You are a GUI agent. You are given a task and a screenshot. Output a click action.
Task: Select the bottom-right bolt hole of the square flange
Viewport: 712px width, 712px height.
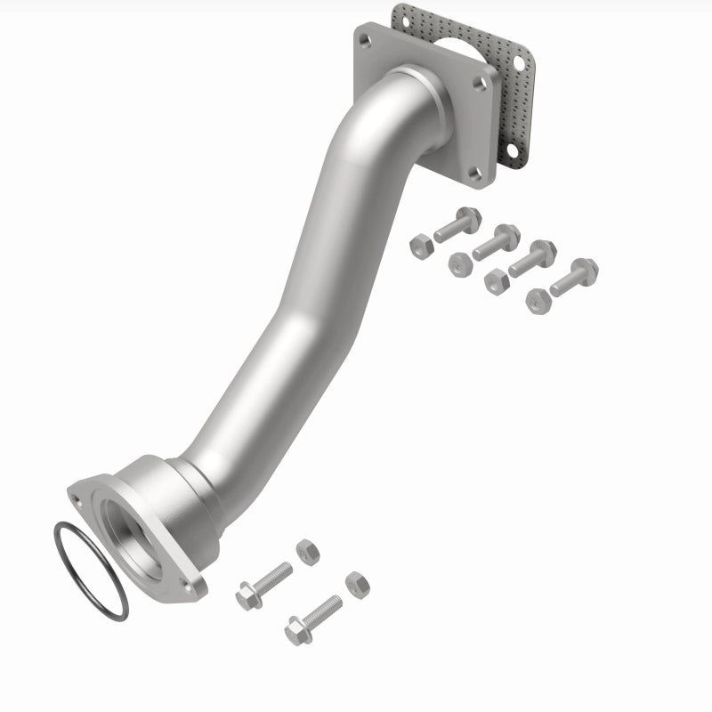point(475,175)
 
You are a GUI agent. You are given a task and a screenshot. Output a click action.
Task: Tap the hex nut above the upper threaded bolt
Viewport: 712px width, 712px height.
point(307,551)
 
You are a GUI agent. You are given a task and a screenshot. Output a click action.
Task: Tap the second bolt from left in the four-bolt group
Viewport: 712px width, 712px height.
point(497,241)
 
